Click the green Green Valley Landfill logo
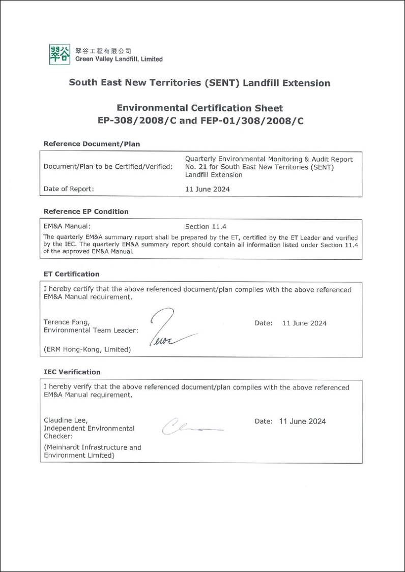(60, 54)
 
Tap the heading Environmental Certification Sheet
(199, 108)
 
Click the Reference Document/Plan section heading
(92, 144)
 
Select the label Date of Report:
(69, 189)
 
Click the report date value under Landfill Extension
(207, 189)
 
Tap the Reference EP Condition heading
(86, 212)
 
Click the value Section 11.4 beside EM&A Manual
(204, 226)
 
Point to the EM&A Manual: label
(67, 226)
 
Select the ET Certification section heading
(71, 274)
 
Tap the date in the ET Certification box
(304, 323)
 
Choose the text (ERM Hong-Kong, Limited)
(87, 349)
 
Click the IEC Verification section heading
(72, 372)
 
